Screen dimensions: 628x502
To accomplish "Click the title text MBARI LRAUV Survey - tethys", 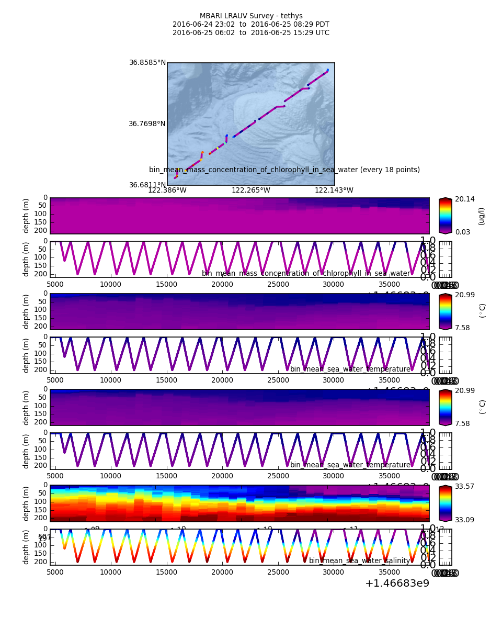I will [x=251, y=16].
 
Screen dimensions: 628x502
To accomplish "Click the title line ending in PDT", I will [x=251, y=25].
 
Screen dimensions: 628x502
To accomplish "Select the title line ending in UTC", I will [x=251, y=33].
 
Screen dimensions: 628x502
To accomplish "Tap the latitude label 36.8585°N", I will [x=147, y=63].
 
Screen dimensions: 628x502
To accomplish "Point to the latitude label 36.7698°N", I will [x=147, y=124].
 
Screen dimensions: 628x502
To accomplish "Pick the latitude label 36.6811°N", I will [x=147, y=185].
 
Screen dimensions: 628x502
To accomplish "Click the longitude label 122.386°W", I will [x=167, y=190].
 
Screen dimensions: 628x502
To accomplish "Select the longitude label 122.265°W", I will [x=251, y=190].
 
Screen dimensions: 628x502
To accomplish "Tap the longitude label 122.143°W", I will [x=334, y=190].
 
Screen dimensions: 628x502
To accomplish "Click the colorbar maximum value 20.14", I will [x=464, y=199].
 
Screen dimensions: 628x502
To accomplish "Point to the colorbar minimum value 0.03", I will [x=462, y=232].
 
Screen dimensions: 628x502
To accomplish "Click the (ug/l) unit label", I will [x=482, y=216].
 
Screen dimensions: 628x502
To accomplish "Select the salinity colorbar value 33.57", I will [x=464, y=487].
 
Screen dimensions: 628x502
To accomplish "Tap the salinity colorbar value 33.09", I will [x=464, y=520].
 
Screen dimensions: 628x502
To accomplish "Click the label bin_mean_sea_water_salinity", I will [x=359, y=561].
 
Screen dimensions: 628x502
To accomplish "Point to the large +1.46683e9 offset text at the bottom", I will [x=397, y=583].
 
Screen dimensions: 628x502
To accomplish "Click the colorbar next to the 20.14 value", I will [x=445, y=216].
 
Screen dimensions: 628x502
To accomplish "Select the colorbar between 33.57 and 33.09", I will [x=445, y=503].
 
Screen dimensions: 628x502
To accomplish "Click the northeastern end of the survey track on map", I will [x=327, y=70].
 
